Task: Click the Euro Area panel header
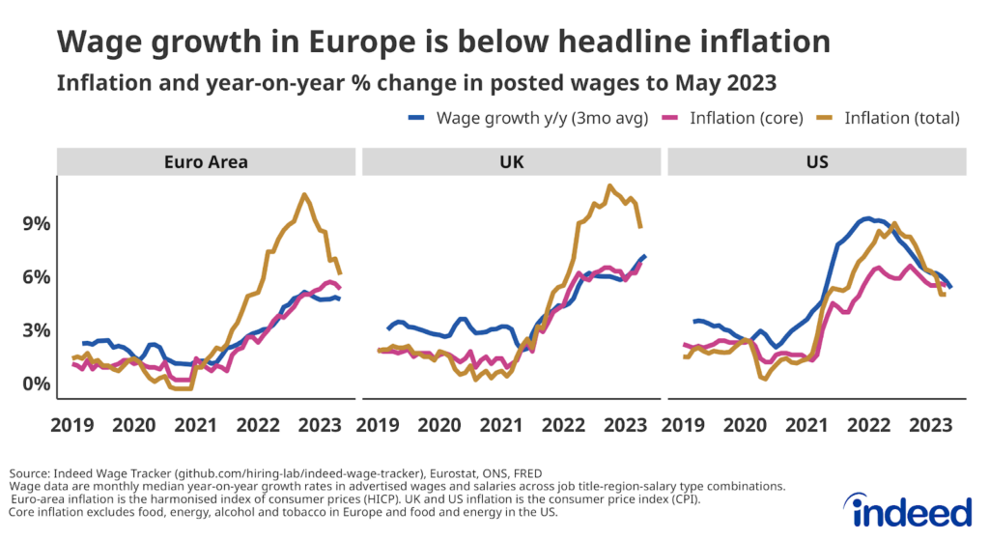click(x=205, y=161)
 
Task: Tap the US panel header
click(x=816, y=161)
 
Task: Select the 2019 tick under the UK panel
click(x=379, y=425)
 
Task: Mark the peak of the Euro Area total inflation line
click(x=304, y=194)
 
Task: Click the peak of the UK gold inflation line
click(x=609, y=185)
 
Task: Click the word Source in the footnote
click(x=32, y=473)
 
